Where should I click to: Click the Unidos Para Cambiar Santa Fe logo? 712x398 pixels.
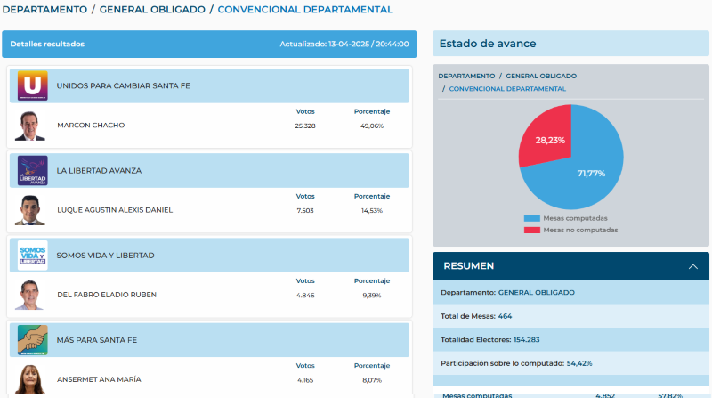click(x=32, y=85)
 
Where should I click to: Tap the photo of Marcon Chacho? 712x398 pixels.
click(x=30, y=126)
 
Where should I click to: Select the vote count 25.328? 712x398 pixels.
click(x=305, y=126)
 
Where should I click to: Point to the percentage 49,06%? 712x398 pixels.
click(x=371, y=126)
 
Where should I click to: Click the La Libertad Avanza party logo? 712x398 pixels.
click(x=32, y=170)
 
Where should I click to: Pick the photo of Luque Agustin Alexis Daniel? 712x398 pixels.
click(x=30, y=210)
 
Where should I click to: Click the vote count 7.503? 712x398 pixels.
click(x=305, y=210)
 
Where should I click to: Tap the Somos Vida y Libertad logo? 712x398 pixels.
click(x=32, y=256)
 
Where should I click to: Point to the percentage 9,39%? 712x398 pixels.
click(x=371, y=295)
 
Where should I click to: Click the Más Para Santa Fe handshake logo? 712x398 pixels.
click(x=32, y=340)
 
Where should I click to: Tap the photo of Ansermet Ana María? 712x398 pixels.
click(x=30, y=379)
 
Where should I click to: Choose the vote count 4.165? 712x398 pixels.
click(x=305, y=379)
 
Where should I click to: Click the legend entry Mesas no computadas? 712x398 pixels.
click(x=579, y=230)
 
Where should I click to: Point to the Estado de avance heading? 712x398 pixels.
click(x=488, y=44)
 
